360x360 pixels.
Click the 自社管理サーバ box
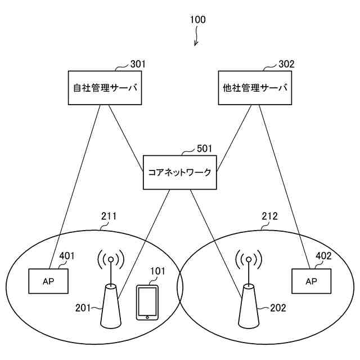click(105, 88)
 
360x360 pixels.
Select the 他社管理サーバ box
click(254, 88)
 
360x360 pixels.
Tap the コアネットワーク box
click(179, 172)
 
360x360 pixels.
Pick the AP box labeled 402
click(311, 281)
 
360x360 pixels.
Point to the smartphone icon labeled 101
click(147, 303)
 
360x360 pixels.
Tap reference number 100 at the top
click(197, 20)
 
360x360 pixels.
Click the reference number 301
click(138, 64)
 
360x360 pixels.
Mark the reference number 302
click(286, 64)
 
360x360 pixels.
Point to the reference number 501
click(204, 149)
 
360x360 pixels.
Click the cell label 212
click(269, 216)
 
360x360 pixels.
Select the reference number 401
click(67, 256)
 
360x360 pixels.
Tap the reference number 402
click(323, 256)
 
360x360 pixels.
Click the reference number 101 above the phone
click(157, 272)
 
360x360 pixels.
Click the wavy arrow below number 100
click(196, 38)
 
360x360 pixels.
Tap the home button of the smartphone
click(147, 317)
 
